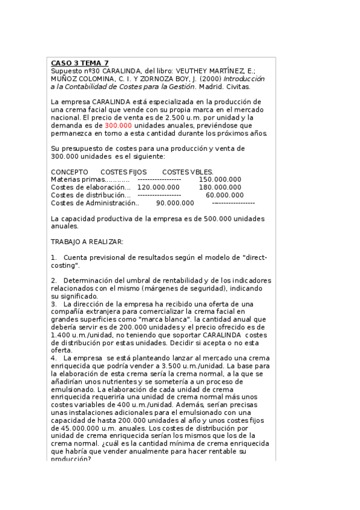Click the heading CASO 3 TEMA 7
[80, 63]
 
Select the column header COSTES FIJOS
[123, 171]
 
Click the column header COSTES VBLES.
[188, 171]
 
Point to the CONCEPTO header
[69, 171]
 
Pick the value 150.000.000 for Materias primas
[220, 179]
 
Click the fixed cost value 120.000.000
[158, 187]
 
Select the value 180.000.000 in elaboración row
[220, 187]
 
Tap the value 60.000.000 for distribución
[225, 195]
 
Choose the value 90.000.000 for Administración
[175, 203]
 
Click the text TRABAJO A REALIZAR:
[87, 241]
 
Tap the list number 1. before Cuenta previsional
[54, 257]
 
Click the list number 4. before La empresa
[54, 358]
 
